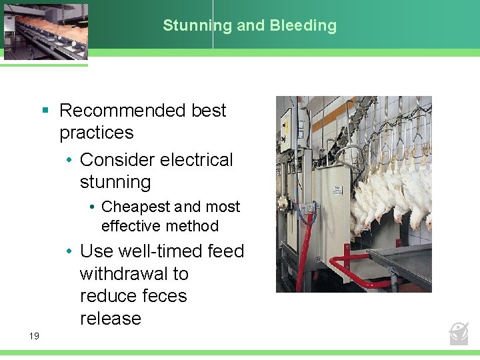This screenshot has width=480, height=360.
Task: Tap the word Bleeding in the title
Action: point(303,25)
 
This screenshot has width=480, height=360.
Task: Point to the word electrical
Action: point(193,160)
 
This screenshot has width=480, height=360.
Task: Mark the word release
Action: point(111,319)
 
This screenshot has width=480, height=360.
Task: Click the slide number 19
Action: point(34,336)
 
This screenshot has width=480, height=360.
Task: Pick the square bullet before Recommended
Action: point(45,110)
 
